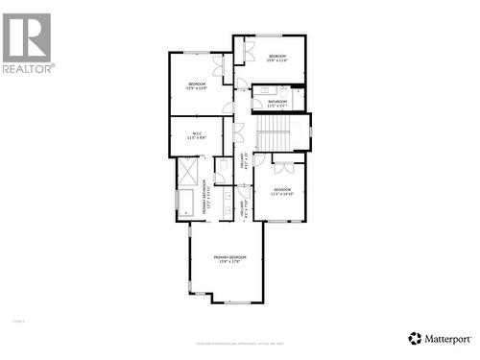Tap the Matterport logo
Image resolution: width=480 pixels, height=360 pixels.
pos(441,338)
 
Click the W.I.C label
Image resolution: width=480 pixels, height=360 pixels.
pos(196,135)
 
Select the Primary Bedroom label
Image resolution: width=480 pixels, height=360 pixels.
pos(229,259)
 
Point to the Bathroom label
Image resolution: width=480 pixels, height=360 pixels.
pos(277,103)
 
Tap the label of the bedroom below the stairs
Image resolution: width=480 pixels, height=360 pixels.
pos(282,192)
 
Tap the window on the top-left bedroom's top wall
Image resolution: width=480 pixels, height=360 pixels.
pos(197,52)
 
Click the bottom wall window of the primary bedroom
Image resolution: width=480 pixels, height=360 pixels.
pos(235,302)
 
